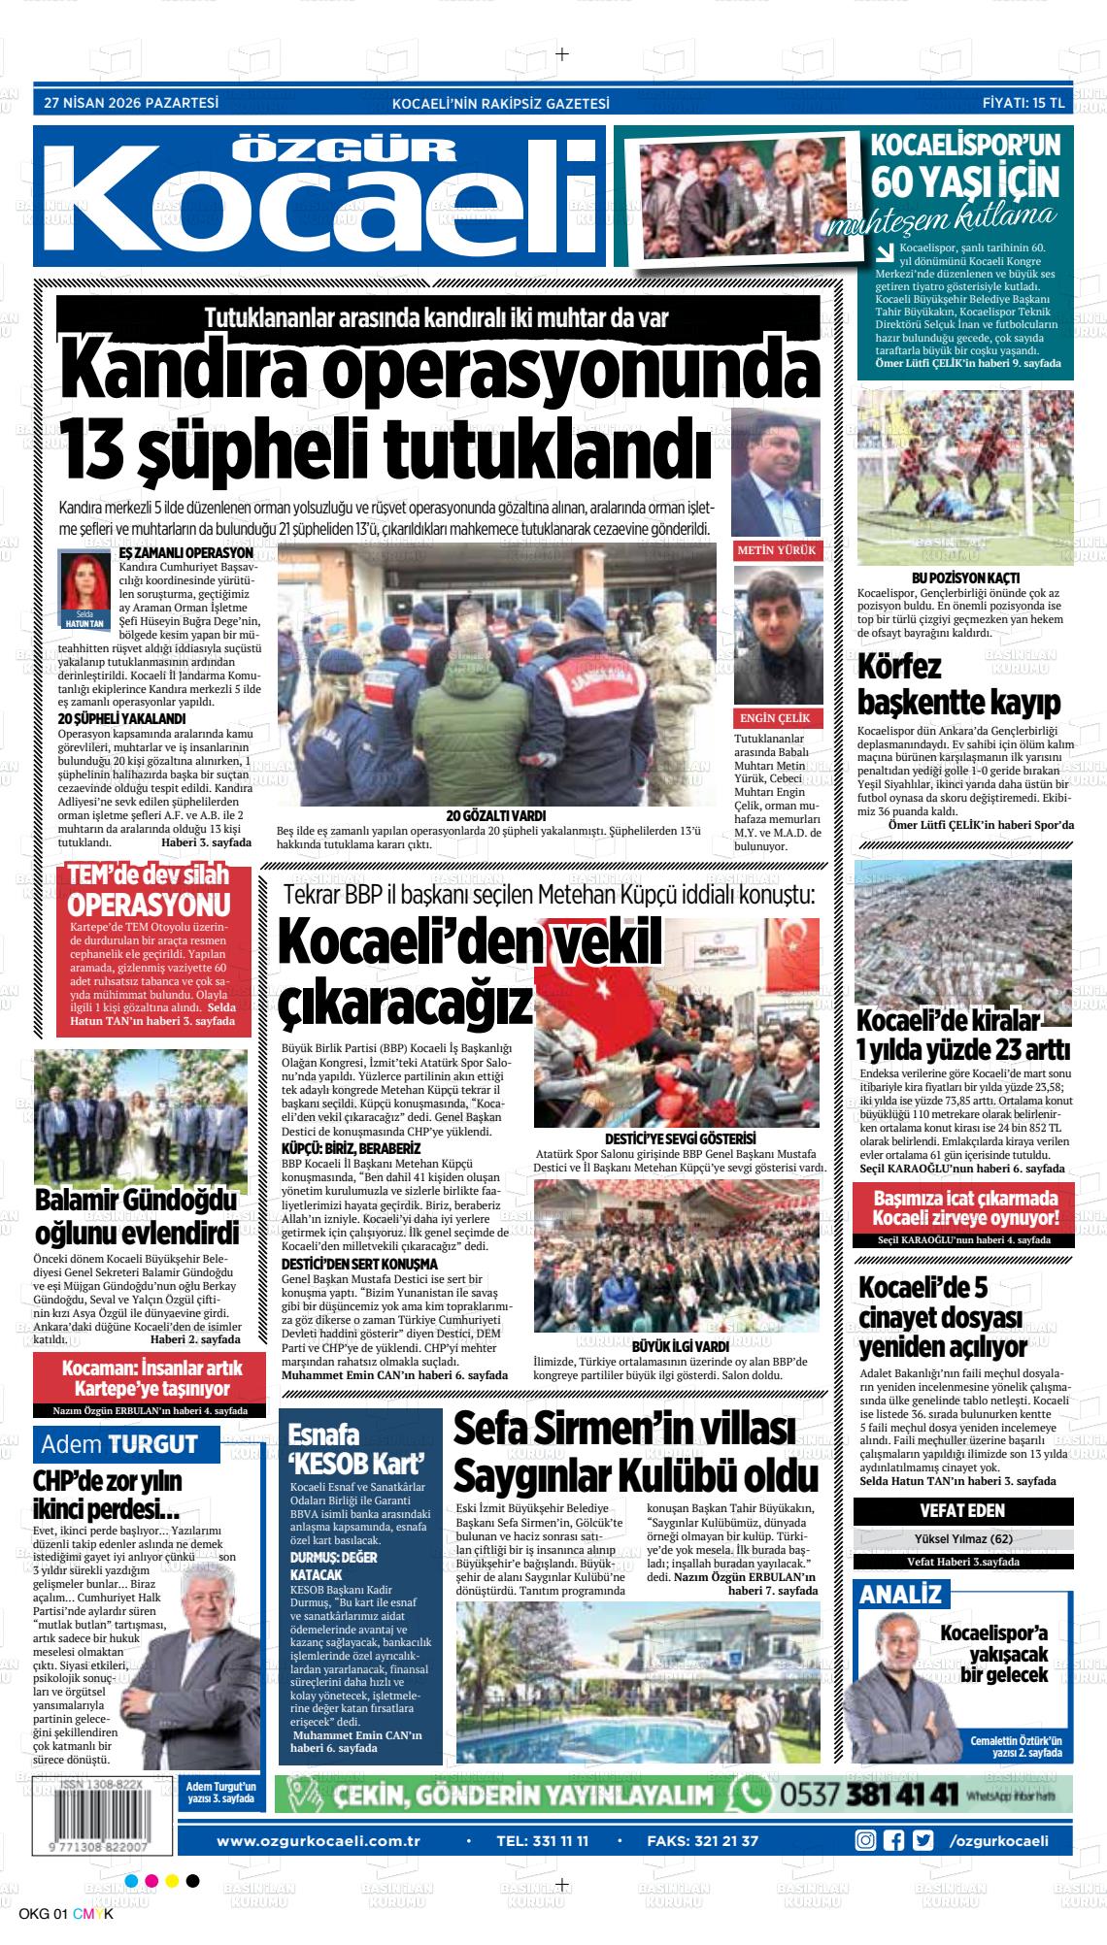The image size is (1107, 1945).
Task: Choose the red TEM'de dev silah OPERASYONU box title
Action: pos(149,890)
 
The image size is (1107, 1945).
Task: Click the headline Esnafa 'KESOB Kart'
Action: pos(356,1448)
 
